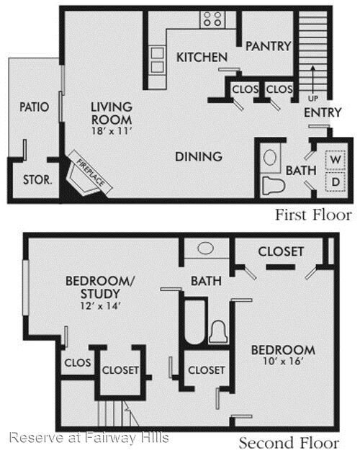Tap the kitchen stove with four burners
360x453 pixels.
[x=212, y=19]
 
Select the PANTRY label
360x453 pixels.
[x=268, y=45]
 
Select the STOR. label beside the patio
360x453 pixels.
[x=37, y=180]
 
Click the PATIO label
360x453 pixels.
[x=34, y=107]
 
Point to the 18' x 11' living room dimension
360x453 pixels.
[x=111, y=131]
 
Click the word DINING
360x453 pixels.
[x=199, y=156]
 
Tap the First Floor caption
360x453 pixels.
[x=313, y=215]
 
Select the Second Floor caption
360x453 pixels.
[x=294, y=442]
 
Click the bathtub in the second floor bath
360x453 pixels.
[x=194, y=320]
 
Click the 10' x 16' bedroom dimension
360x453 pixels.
[x=282, y=364]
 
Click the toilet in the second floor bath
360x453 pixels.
[x=218, y=331]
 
